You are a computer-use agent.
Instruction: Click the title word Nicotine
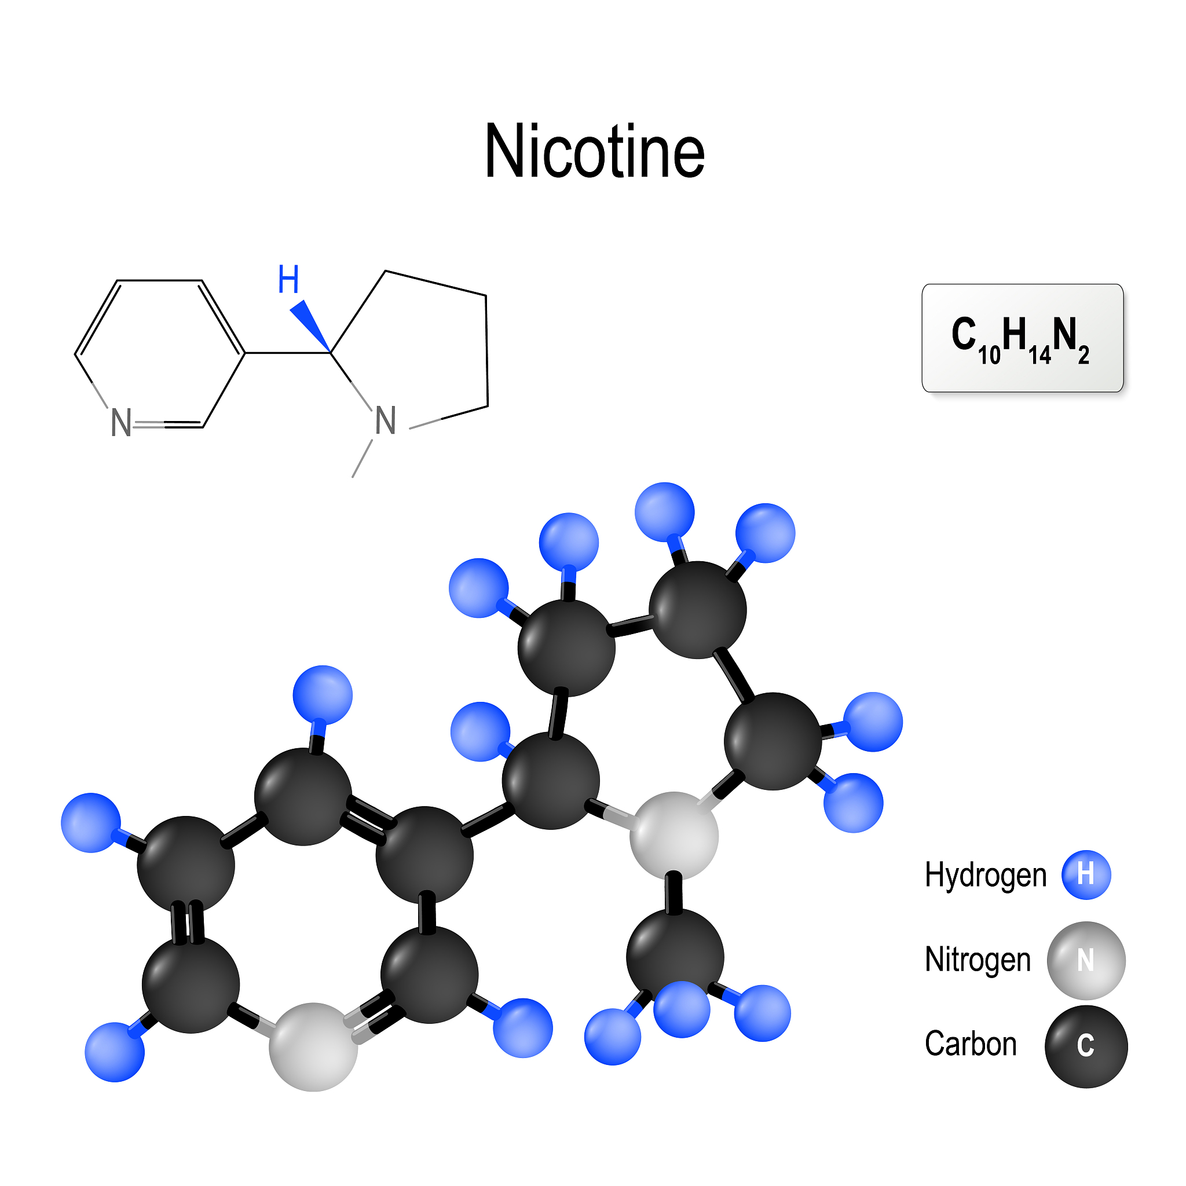pos(594,151)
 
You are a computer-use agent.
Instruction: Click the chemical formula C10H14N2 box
pos(1022,338)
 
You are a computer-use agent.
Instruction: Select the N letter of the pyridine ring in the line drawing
pos(121,423)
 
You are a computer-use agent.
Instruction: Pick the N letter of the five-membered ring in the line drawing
pos(385,421)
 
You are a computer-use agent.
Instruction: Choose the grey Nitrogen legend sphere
pos(1086,961)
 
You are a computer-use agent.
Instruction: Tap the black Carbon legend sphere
pos(1086,1046)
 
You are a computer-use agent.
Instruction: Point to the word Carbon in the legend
pos(971,1044)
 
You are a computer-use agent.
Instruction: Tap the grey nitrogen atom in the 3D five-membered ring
pos(674,836)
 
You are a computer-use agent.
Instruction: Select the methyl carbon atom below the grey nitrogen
pos(675,957)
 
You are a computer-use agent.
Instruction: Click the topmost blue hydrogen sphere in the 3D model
pos(665,512)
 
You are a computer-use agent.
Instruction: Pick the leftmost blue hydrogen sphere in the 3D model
pos(91,822)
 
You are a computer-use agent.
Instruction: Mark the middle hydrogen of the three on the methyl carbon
pos(682,1009)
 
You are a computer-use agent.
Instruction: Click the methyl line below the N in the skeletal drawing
pos(362,458)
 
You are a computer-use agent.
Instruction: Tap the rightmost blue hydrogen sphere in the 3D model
pos(873,722)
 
